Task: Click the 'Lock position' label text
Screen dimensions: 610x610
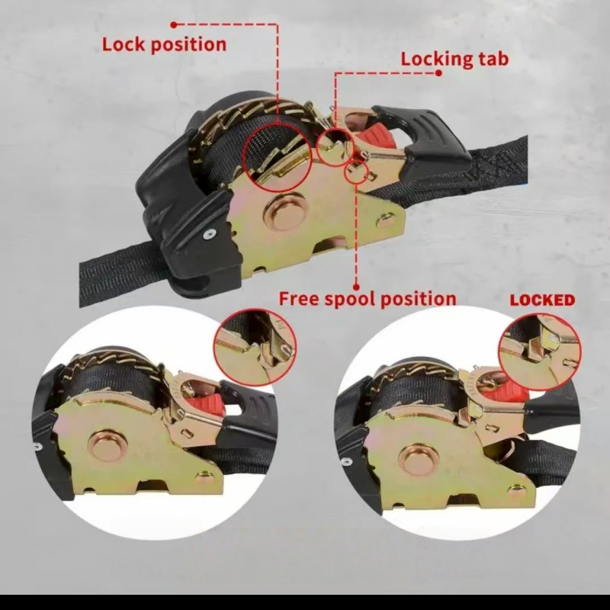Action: point(164,45)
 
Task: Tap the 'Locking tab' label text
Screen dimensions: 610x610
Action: point(454,59)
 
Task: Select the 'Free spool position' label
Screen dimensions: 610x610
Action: point(368,299)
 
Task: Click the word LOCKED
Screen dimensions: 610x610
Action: point(542,300)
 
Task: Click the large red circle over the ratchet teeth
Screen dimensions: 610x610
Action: point(242,159)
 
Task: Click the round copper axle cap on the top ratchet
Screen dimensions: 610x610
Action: point(284,213)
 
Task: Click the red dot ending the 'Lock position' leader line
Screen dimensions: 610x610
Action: point(174,25)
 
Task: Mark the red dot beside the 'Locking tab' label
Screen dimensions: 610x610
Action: point(438,72)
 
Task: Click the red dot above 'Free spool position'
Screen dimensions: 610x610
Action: point(356,278)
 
